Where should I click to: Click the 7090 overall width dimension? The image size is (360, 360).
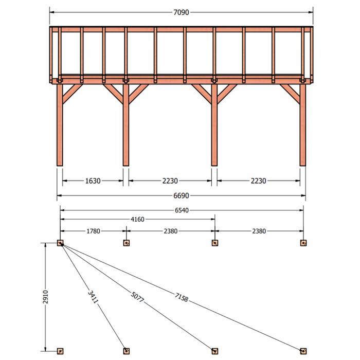(x=181, y=12)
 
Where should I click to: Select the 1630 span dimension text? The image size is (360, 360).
(x=93, y=181)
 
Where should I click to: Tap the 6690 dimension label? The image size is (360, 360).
(x=181, y=195)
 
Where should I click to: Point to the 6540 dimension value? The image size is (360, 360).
(x=182, y=210)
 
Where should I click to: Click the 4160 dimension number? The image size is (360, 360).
(x=137, y=220)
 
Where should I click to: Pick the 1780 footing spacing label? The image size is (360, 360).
(x=93, y=231)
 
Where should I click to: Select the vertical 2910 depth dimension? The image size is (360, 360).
(x=45, y=297)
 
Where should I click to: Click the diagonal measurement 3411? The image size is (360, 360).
(x=93, y=297)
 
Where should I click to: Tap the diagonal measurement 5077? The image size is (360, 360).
(x=137, y=297)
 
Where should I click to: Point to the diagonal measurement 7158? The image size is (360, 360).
(x=182, y=298)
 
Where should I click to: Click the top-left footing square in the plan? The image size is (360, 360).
(x=60, y=243)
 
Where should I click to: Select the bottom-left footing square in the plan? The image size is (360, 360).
(x=60, y=351)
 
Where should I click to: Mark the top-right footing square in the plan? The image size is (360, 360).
(x=303, y=243)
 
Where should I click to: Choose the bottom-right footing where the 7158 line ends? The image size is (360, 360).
(x=303, y=351)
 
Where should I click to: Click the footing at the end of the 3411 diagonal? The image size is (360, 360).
(x=127, y=351)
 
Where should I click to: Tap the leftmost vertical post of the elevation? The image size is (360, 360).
(x=60, y=125)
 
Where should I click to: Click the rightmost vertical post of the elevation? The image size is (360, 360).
(x=303, y=125)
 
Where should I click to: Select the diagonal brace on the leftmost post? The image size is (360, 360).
(x=73, y=94)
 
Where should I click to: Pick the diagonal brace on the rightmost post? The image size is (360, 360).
(x=290, y=94)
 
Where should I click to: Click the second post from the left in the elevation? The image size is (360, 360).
(x=126, y=125)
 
